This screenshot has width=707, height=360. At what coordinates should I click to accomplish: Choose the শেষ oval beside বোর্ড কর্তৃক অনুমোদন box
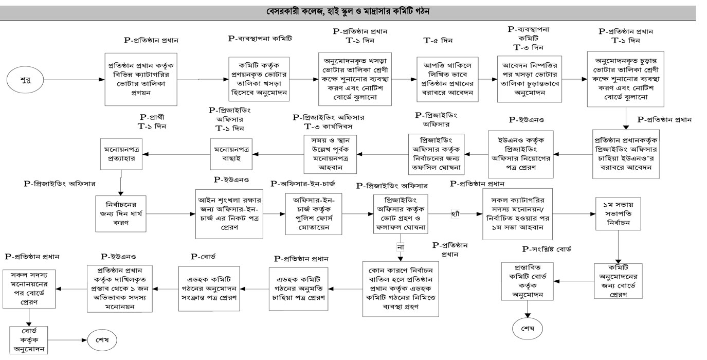[102, 339]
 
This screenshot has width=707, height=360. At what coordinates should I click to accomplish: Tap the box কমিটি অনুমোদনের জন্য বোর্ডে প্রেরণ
[619, 280]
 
